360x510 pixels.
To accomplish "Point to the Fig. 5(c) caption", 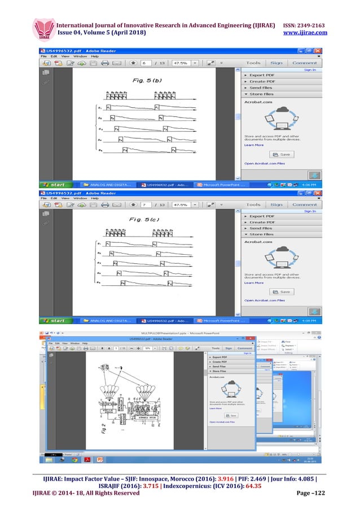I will tap(142, 217).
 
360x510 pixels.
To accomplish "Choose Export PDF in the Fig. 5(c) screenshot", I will tap(261, 216).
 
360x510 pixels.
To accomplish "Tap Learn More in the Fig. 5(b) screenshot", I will tap(253, 145).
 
